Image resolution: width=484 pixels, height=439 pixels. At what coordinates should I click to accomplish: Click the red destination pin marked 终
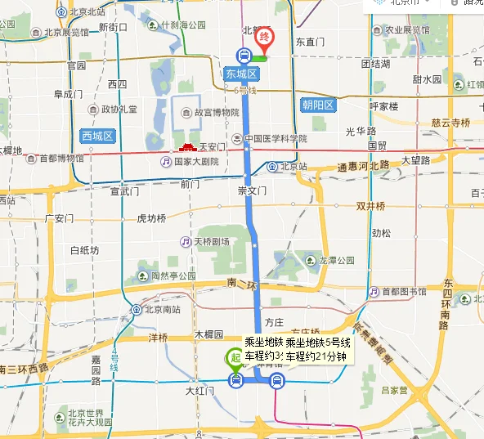[x=264, y=38]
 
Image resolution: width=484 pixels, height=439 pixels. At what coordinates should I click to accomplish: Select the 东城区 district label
[x=241, y=74]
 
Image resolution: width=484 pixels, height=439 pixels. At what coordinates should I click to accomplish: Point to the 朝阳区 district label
[x=318, y=105]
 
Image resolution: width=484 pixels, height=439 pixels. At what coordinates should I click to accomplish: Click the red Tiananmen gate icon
[x=186, y=146]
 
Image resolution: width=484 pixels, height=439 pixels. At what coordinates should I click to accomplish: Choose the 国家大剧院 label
[x=195, y=162]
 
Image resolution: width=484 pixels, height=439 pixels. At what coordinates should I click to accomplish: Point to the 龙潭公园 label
[x=336, y=260]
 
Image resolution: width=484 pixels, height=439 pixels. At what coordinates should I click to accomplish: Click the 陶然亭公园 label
[x=173, y=276]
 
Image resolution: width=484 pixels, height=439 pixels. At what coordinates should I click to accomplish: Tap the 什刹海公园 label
[x=183, y=25]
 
